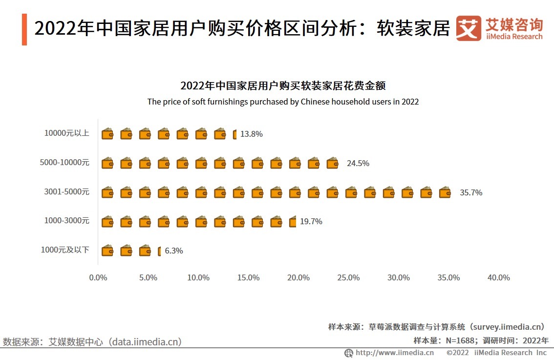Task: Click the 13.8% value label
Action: [251, 134]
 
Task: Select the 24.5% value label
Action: [358, 163]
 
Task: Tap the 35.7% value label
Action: [471, 192]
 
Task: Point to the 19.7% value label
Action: [311, 221]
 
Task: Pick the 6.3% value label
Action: [174, 251]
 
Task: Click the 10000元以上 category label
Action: [67, 133]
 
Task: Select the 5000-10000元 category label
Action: [65, 162]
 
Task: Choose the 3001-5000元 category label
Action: [67, 191]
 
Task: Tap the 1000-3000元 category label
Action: [67, 221]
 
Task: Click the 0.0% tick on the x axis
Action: [98, 277]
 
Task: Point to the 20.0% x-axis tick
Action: [298, 277]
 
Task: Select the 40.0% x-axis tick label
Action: [499, 277]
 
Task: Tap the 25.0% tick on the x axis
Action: [349, 277]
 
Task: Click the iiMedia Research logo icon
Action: [469, 28]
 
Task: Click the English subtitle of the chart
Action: [283, 102]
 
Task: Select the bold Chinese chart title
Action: [283, 86]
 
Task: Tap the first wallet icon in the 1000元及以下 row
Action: [107, 251]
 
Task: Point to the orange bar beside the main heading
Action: [24, 30]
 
